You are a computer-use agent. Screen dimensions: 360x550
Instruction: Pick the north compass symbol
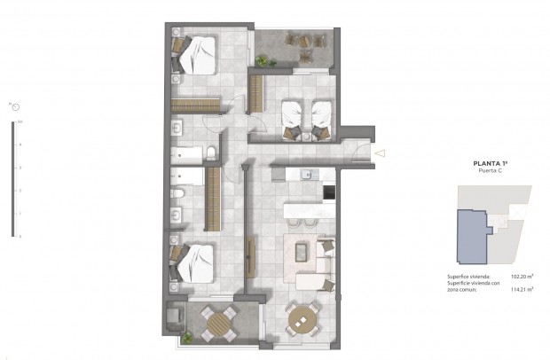(15, 106)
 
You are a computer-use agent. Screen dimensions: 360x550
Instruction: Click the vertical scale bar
(12, 177)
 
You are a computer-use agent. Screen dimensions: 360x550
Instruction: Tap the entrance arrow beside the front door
(380, 153)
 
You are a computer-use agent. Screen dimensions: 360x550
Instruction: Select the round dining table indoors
(303, 317)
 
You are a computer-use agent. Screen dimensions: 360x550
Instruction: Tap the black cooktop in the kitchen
(329, 192)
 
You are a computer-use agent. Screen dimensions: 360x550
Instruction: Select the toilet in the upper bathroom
(211, 154)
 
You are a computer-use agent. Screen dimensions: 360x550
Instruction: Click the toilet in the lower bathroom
(178, 192)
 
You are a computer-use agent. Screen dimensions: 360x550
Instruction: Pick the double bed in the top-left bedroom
(198, 55)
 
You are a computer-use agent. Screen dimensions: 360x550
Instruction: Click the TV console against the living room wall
(251, 255)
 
